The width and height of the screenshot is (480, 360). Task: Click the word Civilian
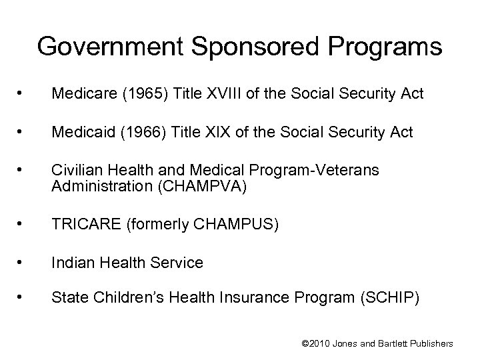(75, 171)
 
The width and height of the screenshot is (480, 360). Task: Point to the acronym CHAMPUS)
(243, 224)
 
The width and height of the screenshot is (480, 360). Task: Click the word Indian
(71, 263)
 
